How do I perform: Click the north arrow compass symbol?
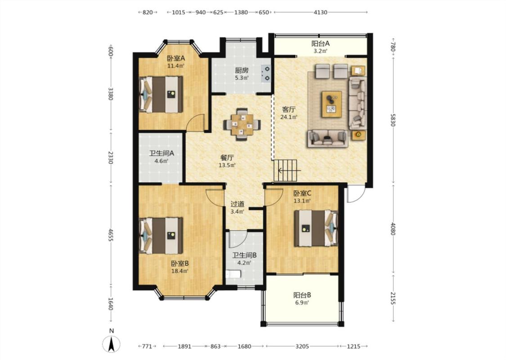pyautogui.click(x=112, y=344)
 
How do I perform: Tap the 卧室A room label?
pyautogui.click(x=176, y=58)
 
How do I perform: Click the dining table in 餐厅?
pyautogui.click(x=242, y=124)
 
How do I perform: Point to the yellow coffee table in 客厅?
pyautogui.click(x=331, y=104)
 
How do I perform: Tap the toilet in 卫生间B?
pyautogui.click(x=233, y=274)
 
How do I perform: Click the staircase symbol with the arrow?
pyautogui.click(x=286, y=171)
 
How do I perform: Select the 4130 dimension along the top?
pyautogui.click(x=320, y=12)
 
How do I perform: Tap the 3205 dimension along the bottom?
pyautogui.click(x=302, y=346)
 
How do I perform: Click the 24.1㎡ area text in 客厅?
pyautogui.click(x=288, y=117)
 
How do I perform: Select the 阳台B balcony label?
pyautogui.click(x=302, y=295)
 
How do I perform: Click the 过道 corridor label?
pyautogui.click(x=237, y=204)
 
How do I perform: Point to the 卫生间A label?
pyautogui.click(x=161, y=153)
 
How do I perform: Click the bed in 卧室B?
pyautogui.click(x=161, y=236)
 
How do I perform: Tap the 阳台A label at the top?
pyautogui.click(x=320, y=43)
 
